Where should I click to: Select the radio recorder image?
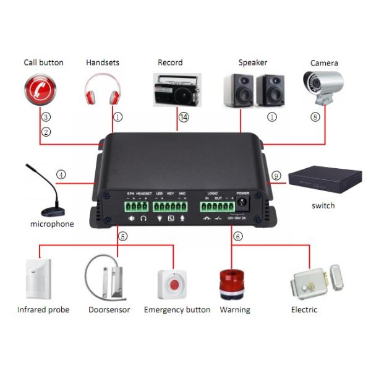coord(175,90)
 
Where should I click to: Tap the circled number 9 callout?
coord(276,176)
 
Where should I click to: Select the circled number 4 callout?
coord(61,175)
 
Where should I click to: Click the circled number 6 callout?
coord(238,236)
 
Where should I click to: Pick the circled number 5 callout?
coord(122,236)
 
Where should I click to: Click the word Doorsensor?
coord(109,310)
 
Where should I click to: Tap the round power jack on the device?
coord(242,202)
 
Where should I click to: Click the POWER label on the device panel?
coord(242,193)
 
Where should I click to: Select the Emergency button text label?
coord(177,310)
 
